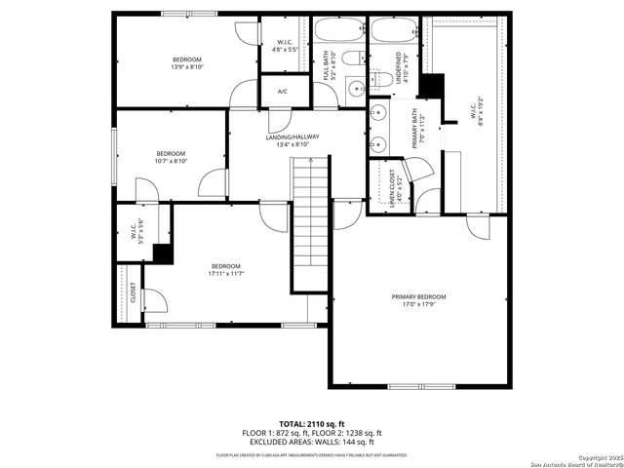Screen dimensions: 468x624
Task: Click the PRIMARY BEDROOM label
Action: click(418, 296)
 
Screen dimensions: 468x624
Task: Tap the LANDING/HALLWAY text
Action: click(292, 137)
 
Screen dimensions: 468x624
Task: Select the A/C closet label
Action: click(283, 92)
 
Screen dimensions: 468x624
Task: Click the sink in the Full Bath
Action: click(356, 89)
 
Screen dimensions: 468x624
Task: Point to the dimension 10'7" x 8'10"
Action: click(171, 162)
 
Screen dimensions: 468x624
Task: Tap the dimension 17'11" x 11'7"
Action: click(225, 274)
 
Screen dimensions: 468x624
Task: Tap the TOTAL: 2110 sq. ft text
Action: click(312, 424)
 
